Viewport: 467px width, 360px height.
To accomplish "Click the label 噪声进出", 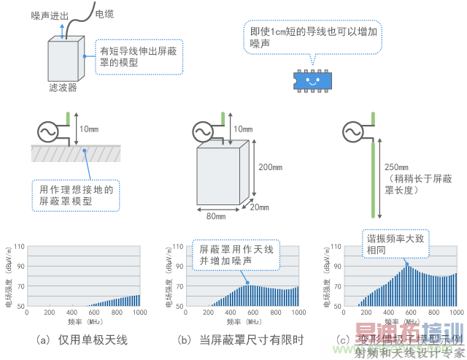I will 50,14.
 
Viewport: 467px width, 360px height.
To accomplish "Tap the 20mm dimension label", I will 259,207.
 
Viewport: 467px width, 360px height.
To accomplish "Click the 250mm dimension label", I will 404,166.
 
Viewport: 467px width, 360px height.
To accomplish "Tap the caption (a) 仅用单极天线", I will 82,340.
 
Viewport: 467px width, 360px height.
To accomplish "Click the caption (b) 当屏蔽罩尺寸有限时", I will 240,340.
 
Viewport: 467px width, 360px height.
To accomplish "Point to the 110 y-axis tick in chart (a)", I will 20,247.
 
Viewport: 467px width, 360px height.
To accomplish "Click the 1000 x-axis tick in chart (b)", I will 297,312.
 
